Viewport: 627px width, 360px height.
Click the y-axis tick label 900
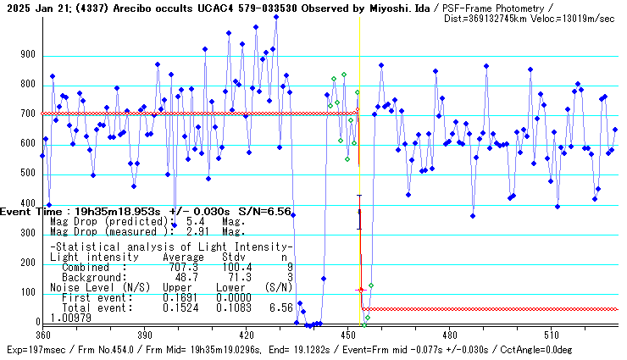pos(28,55)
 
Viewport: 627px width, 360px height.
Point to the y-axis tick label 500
pos(28,174)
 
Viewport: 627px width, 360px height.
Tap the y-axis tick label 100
pos(28,293)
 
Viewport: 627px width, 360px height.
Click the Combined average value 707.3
pos(184,268)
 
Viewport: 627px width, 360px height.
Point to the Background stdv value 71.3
pos(236,277)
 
